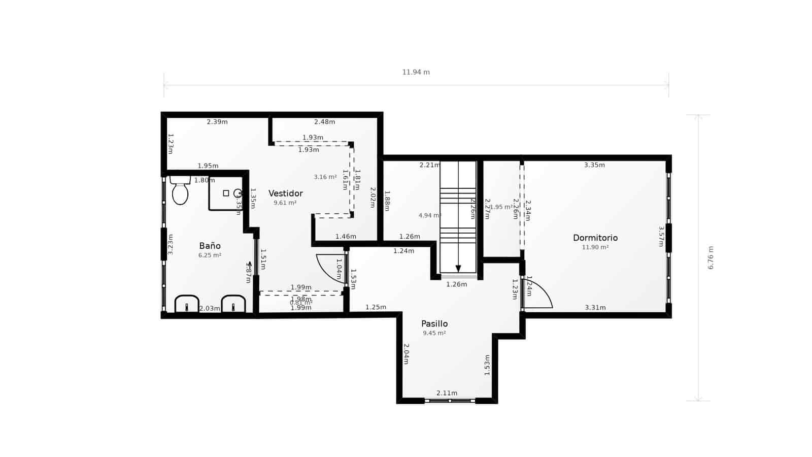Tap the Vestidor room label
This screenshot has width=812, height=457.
click(x=286, y=193)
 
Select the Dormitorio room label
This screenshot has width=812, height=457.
click(x=595, y=238)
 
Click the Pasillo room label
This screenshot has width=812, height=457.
click(x=434, y=324)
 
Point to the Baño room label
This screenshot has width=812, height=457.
click(x=210, y=246)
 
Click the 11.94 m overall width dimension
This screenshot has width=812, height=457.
click(x=416, y=72)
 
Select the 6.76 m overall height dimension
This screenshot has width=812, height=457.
click(x=710, y=258)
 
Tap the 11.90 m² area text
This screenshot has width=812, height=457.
click(x=595, y=247)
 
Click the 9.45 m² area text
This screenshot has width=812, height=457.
click(x=434, y=333)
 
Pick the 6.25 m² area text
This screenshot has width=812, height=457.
click(x=210, y=255)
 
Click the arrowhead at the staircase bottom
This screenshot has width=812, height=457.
click(x=458, y=269)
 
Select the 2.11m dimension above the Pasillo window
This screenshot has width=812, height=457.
click(x=447, y=393)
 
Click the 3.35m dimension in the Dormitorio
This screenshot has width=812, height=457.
click(x=594, y=165)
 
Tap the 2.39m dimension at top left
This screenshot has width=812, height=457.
click(x=217, y=122)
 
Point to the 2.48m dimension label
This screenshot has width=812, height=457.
click(x=325, y=122)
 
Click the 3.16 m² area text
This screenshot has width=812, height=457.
click(x=325, y=177)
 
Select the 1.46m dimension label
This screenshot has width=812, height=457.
click(x=346, y=237)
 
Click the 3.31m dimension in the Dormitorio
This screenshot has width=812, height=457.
click(x=595, y=308)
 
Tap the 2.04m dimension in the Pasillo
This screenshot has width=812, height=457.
click(x=406, y=354)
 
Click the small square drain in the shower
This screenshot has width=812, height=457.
click(x=226, y=193)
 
